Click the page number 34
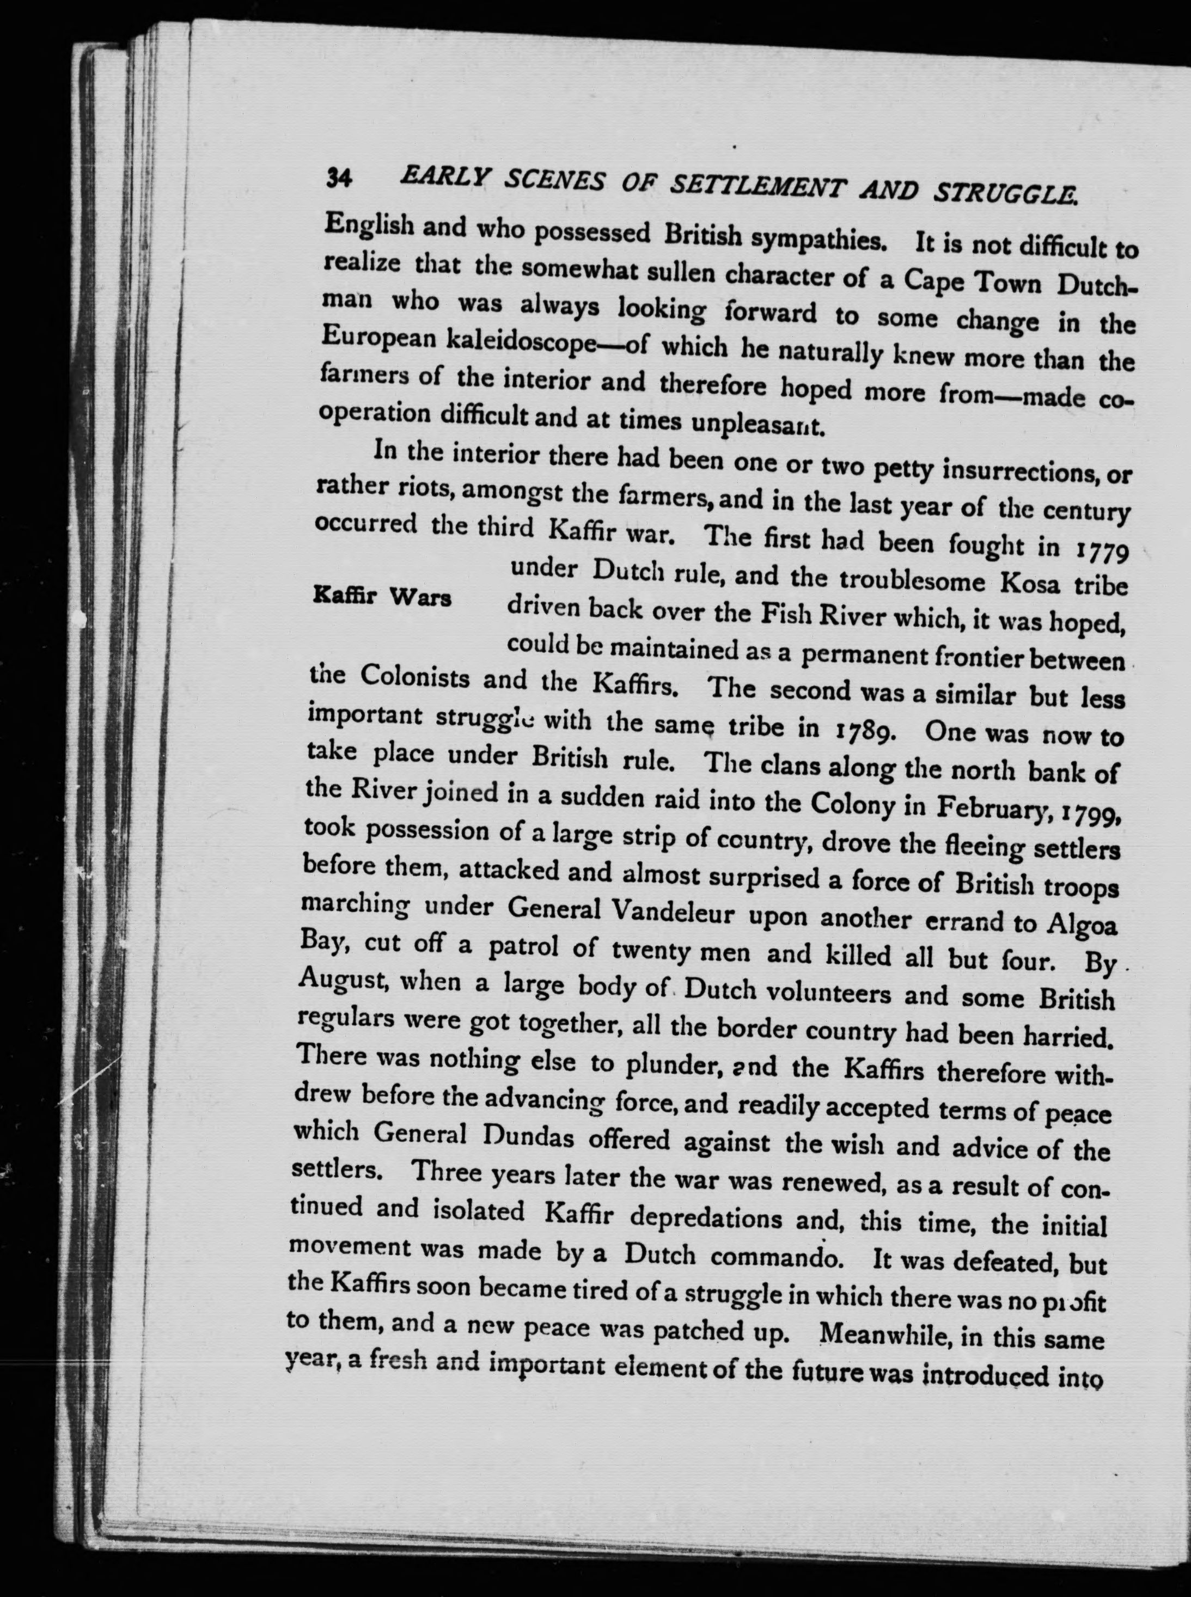pos(338,178)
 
